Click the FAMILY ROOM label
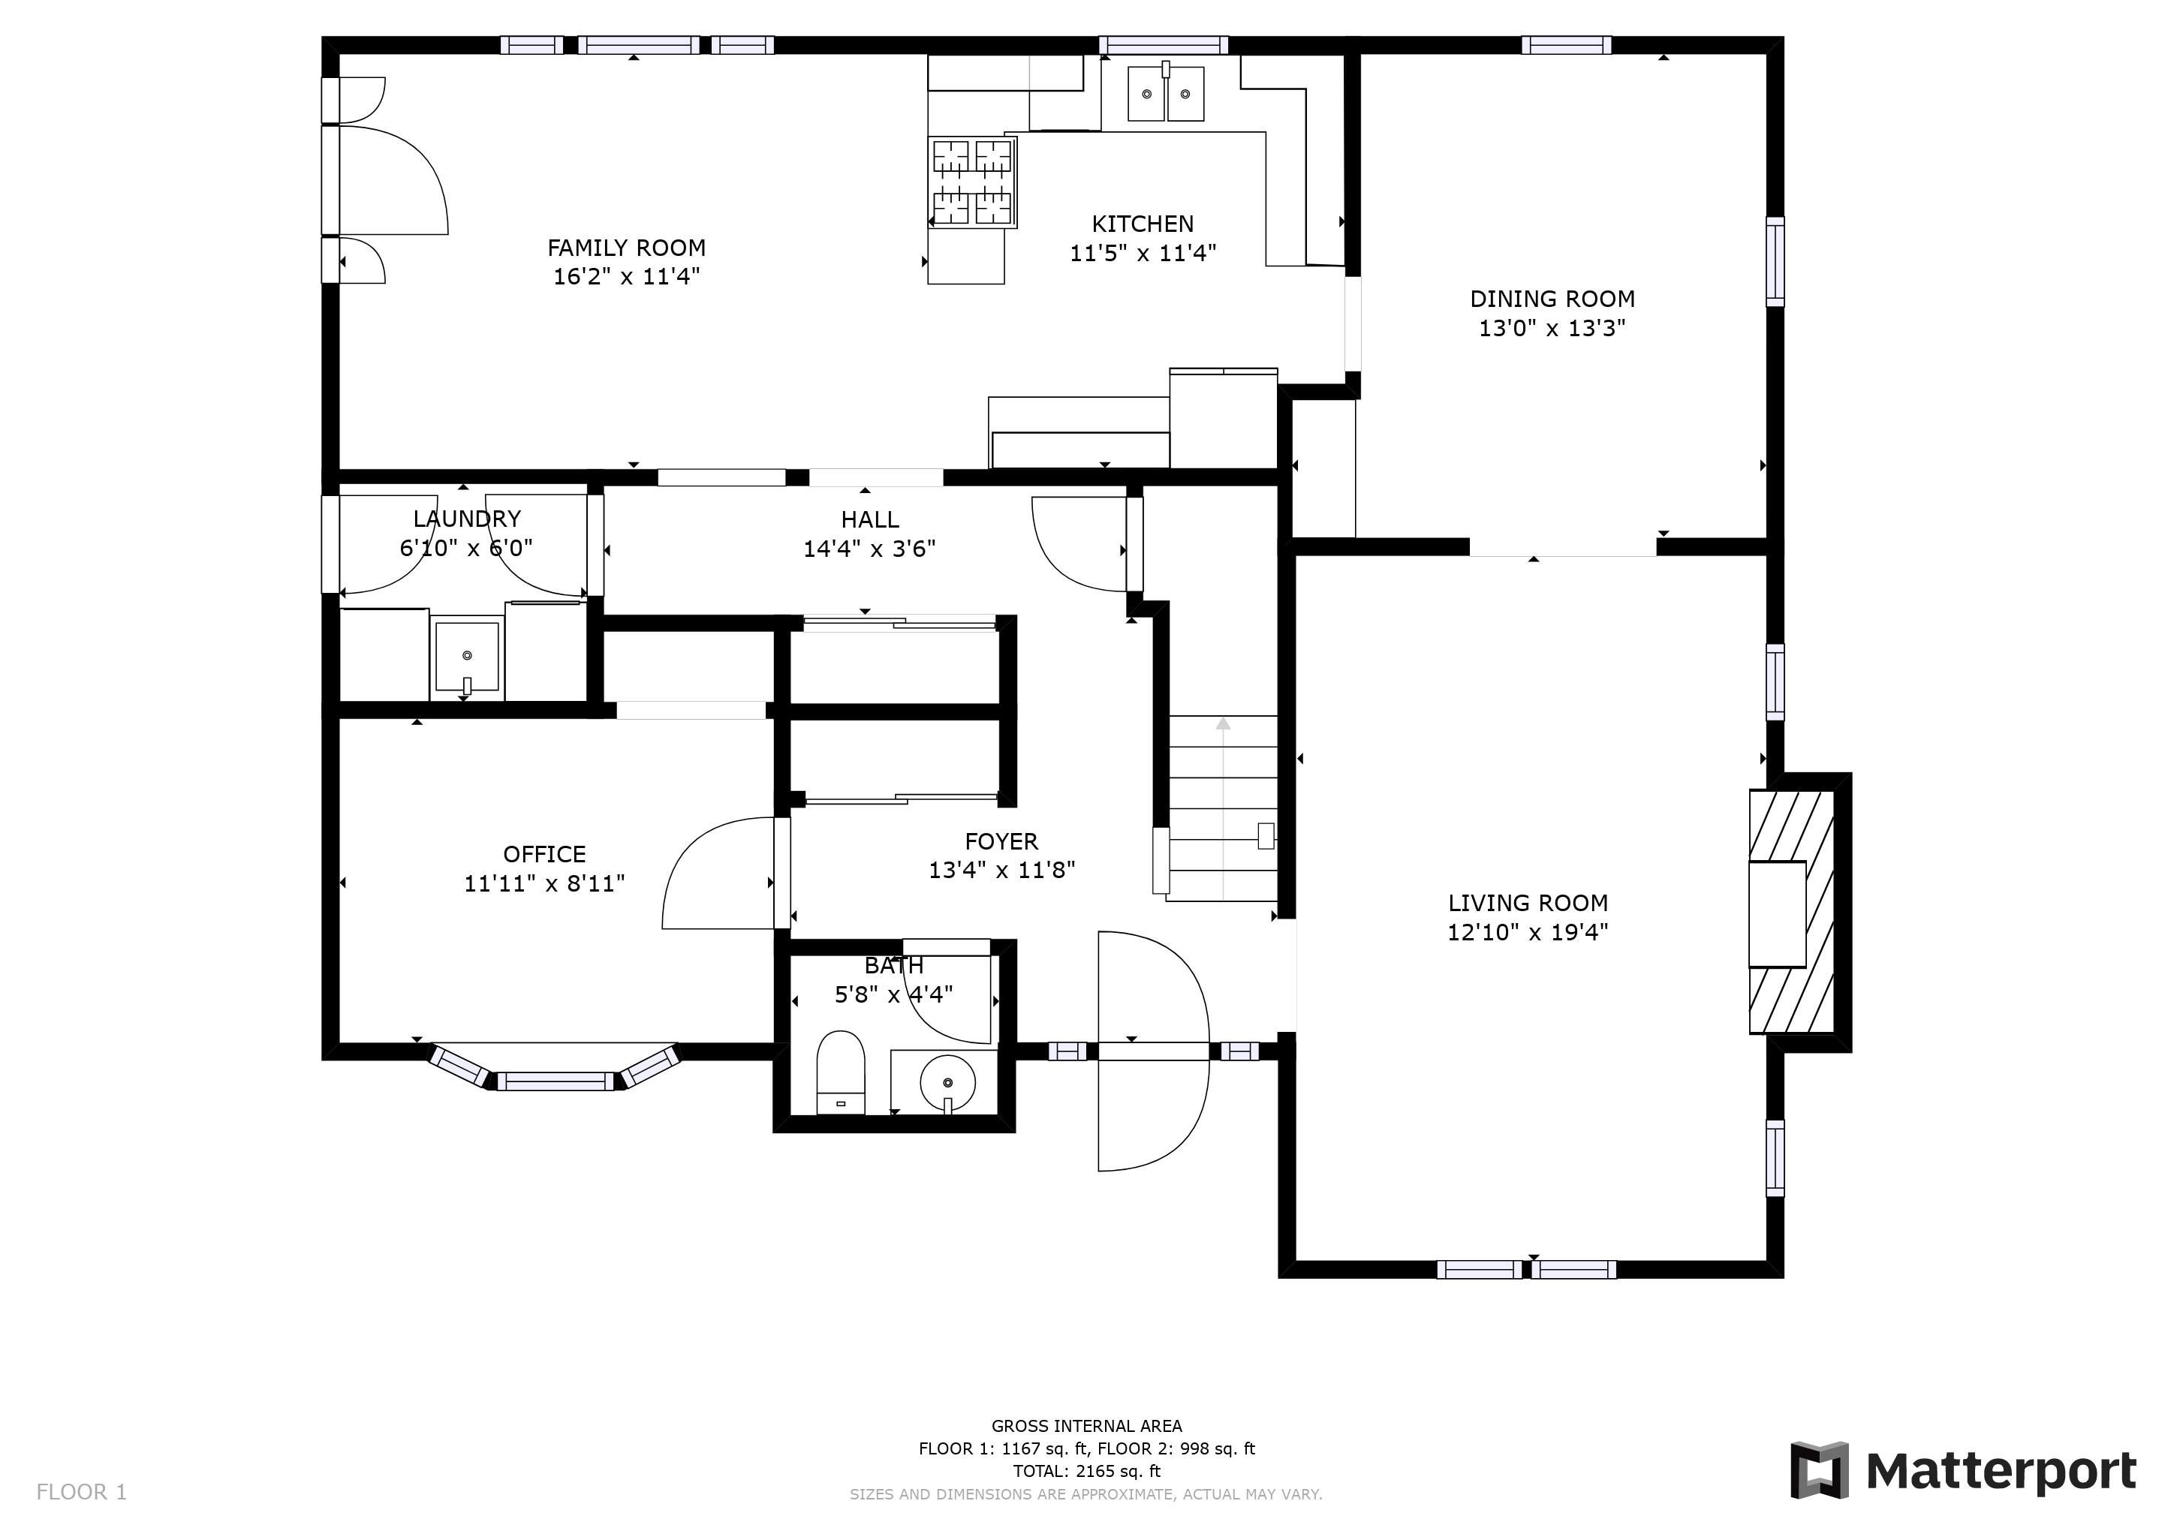click(x=626, y=248)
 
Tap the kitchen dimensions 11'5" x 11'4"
click(x=1142, y=254)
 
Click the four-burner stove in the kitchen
click(x=971, y=182)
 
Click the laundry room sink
click(x=466, y=656)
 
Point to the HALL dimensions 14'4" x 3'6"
click(x=869, y=549)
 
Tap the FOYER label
click(x=1001, y=841)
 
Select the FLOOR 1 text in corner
click(x=81, y=1493)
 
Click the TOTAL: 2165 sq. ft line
click(x=1086, y=1471)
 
